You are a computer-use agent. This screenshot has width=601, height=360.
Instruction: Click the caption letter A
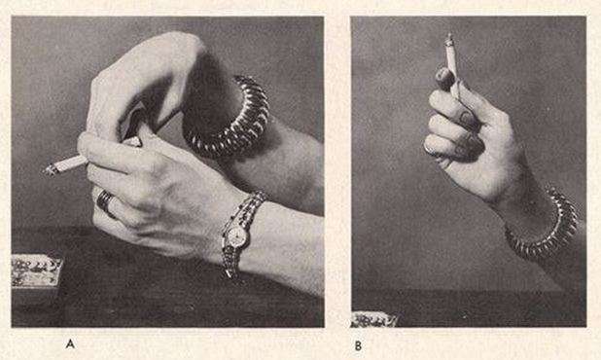70,343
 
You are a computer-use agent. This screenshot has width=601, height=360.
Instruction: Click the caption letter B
358,345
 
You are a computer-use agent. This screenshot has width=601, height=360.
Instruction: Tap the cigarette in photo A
67,164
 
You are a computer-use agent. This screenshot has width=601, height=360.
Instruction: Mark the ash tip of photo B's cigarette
449,38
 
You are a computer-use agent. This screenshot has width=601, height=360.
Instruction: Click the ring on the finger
105,201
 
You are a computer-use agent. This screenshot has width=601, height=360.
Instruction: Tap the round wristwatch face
236,235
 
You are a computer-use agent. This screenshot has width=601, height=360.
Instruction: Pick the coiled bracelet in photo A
230,117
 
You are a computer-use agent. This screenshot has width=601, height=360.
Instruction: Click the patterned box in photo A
35,271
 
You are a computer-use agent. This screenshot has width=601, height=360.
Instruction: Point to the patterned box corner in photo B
373,319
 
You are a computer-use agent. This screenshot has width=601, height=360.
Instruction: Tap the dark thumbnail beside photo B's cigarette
444,78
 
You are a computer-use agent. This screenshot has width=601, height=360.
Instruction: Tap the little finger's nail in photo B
432,151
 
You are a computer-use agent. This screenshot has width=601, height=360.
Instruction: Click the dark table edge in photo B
469,291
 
